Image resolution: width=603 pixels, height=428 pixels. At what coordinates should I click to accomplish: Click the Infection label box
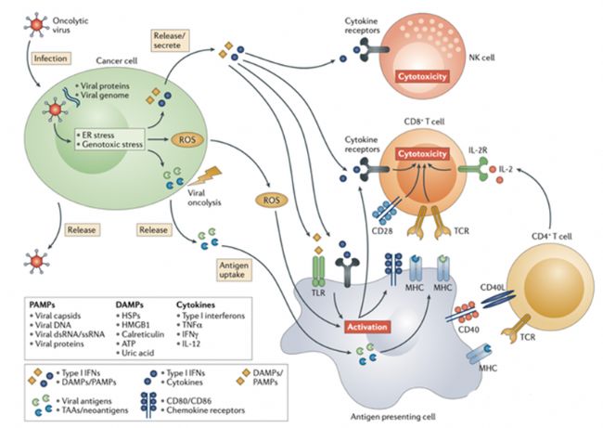point(50,58)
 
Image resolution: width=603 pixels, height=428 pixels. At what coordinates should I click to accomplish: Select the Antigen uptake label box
point(234,270)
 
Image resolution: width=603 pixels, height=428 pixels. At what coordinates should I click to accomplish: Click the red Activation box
point(367,327)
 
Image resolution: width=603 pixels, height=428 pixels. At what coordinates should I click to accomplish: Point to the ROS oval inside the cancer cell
point(187,139)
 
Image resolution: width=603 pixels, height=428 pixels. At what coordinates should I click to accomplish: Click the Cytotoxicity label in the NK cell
point(422,76)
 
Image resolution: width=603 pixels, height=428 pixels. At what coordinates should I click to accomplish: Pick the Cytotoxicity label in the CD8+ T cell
point(422,154)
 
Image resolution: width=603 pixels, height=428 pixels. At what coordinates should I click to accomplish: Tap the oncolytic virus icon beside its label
point(36,25)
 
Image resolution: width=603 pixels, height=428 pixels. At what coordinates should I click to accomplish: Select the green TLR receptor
point(318,271)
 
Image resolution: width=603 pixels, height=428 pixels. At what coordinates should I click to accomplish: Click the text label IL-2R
point(478,150)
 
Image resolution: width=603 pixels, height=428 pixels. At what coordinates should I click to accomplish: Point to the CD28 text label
point(382,232)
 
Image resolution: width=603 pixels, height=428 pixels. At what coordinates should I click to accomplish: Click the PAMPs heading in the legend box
point(43,305)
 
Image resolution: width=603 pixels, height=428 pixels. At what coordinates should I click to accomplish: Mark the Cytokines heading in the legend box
point(196,305)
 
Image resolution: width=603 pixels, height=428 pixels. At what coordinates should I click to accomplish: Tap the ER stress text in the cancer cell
point(98,136)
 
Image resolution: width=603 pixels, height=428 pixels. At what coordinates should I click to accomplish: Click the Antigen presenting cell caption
point(393,417)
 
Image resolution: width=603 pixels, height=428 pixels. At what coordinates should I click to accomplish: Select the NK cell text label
point(481,58)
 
